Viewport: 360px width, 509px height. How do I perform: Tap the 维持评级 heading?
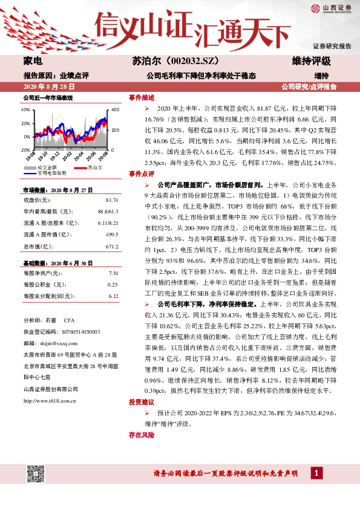pyautogui.click(x=311, y=62)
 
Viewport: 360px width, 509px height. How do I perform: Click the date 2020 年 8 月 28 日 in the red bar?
pyautogui.click(x=46, y=87)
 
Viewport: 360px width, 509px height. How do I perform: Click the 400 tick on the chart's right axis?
pyautogui.click(x=116, y=110)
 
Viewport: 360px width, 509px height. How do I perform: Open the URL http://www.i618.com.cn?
pyautogui.click(x=49, y=400)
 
